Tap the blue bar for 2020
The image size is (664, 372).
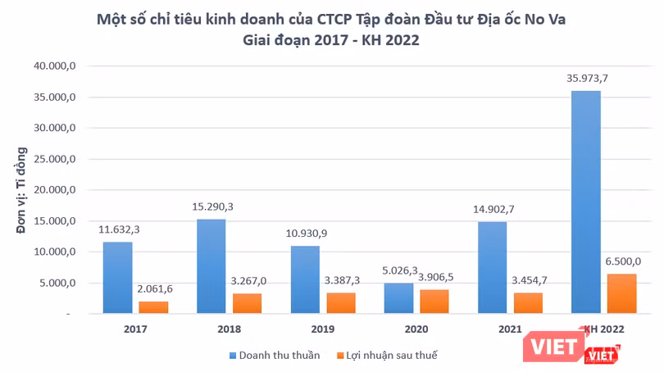pos(399,298)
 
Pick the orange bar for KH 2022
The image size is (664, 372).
pos(621,293)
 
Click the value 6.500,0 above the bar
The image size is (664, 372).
pos(622,262)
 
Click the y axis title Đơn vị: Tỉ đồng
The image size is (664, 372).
pos(22,190)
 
